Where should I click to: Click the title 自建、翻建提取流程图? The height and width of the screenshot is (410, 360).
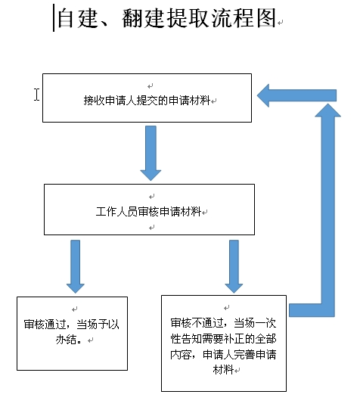167,18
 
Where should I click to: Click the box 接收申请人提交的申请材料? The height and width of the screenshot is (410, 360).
147,98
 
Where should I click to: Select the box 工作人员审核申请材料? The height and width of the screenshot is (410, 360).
149,210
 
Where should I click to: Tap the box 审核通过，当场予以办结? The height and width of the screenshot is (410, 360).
72,334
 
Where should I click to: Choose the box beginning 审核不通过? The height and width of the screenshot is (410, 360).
224,343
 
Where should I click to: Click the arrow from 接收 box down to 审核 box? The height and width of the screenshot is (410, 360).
151,153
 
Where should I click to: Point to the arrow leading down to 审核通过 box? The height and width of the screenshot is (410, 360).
76,266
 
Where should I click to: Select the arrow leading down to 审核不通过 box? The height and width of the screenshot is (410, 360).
234,266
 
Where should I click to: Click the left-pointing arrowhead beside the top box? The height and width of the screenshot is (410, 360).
263,95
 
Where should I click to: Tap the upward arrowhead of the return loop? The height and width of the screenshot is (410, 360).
327,110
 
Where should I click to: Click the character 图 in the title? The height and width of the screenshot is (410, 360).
266,18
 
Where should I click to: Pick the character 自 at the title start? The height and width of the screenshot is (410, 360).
65,18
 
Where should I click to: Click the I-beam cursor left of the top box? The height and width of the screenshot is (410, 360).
36,94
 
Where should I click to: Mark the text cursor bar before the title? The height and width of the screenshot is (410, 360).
54,18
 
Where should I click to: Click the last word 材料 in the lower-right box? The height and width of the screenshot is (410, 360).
223,370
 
